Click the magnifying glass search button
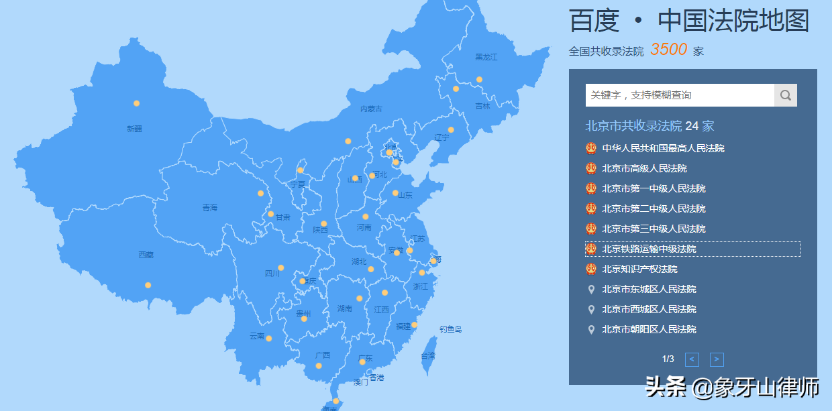785,95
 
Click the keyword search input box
679,95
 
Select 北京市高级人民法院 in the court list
644,168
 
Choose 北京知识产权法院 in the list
639,269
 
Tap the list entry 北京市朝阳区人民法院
649,329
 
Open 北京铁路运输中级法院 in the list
649,249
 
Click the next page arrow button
717,359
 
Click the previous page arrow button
692,359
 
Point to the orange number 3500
668,50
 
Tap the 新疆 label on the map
134,129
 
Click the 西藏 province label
146,255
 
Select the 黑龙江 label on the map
486,57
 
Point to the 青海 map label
210,208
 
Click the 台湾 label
428,356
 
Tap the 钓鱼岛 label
451,329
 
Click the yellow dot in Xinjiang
136,103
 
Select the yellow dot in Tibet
148,285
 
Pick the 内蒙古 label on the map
371,109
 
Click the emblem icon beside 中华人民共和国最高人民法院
591,148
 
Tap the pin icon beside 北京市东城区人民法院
591,289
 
